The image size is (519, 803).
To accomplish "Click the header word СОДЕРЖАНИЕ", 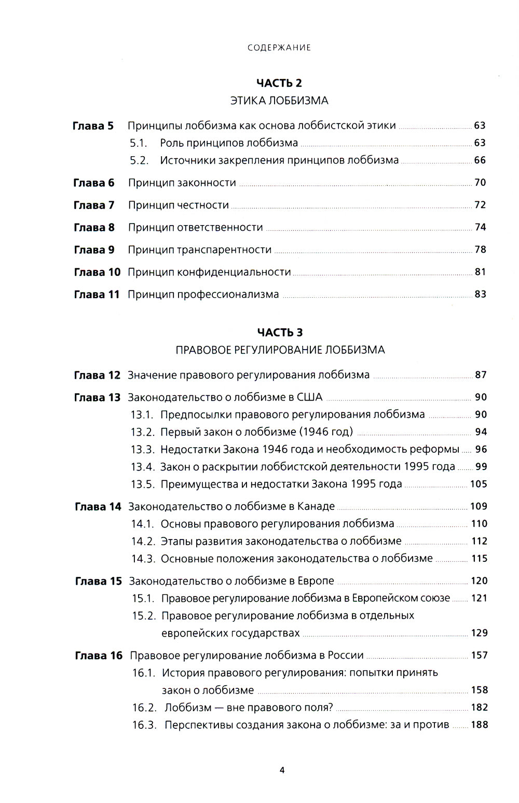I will (279, 48).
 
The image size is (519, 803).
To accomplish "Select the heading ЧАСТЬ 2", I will (279, 83).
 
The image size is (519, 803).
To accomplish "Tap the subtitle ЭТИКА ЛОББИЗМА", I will (279, 101).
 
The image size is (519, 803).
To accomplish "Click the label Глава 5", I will (93, 126).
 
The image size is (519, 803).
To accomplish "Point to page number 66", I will (480, 160).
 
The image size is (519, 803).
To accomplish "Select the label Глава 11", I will (97, 295).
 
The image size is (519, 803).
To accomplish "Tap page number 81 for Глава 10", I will (480, 272).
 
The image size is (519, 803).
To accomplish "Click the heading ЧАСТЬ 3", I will (280, 333).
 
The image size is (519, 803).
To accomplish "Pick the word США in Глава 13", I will (309, 397).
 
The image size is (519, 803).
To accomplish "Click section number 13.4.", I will (143, 467).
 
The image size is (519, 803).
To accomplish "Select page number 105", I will (479, 484).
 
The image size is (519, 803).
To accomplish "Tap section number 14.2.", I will (143, 542).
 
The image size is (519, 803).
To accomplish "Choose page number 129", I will (479, 633).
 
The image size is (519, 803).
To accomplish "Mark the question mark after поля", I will (331, 708).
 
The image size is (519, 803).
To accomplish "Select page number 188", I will (479, 725).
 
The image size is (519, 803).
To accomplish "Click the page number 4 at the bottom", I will (282, 770).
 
